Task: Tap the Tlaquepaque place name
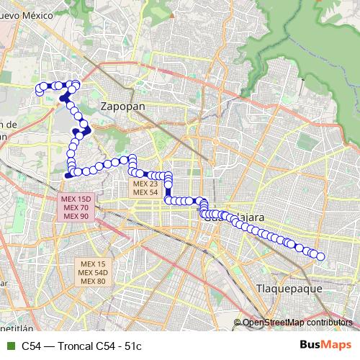pyautogui.click(x=287, y=288)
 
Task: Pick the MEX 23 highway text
pyautogui.click(x=145, y=184)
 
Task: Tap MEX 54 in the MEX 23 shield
pyautogui.click(x=145, y=192)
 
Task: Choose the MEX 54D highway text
pyautogui.click(x=93, y=272)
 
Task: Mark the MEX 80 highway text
pyautogui.click(x=93, y=281)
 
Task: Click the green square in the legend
pyautogui.click(x=9, y=345)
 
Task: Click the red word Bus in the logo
pyautogui.click(x=310, y=345)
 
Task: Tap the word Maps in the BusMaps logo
pyautogui.click(x=336, y=345)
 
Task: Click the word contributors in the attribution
pyautogui.click(x=330, y=323)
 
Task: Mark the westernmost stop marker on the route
pyautogui.click(x=40, y=89)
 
